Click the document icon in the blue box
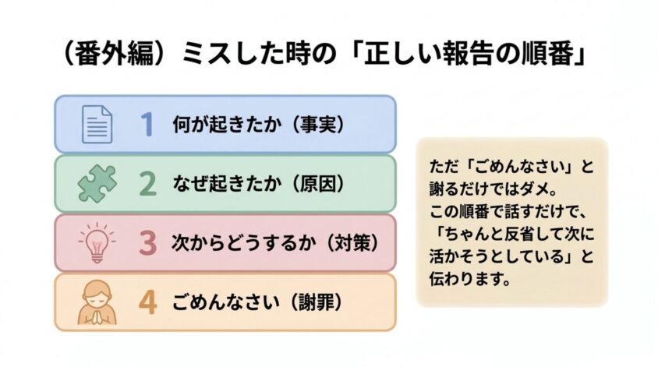(x=97, y=124)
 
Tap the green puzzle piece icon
(x=97, y=184)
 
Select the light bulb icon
(x=97, y=243)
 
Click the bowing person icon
(x=97, y=302)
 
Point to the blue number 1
(x=147, y=124)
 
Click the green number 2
(x=147, y=184)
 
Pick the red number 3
(x=147, y=243)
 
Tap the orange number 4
(x=147, y=302)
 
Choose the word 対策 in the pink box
(x=353, y=243)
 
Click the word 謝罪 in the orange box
(x=317, y=302)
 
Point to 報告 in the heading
(x=465, y=55)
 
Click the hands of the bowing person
(x=97, y=317)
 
